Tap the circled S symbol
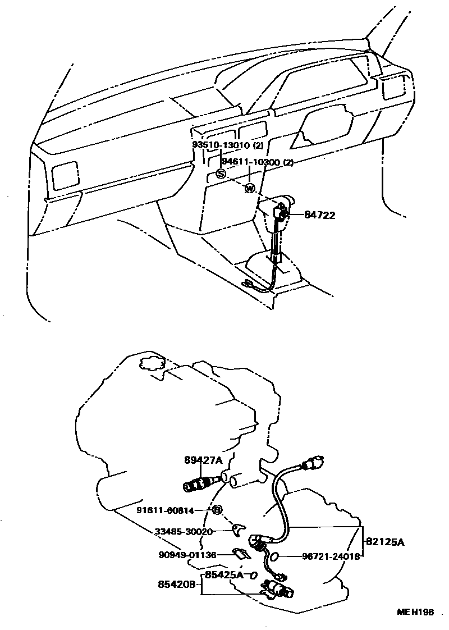click(x=221, y=174)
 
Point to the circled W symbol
click(x=250, y=188)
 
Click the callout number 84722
click(x=320, y=215)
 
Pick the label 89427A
click(x=203, y=460)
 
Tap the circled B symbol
click(x=217, y=510)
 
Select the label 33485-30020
click(x=184, y=531)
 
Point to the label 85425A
click(x=223, y=575)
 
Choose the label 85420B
click(x=176, y=585)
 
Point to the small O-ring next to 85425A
click(x=253, y=576)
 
